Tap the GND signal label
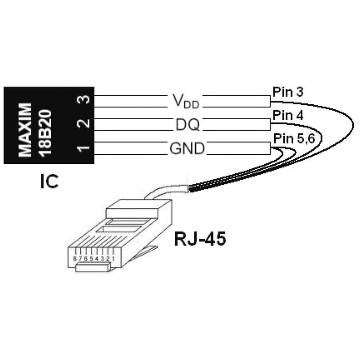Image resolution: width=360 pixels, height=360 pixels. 187,148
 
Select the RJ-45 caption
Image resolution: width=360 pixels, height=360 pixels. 200,239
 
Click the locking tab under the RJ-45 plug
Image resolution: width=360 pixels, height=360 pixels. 92,268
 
